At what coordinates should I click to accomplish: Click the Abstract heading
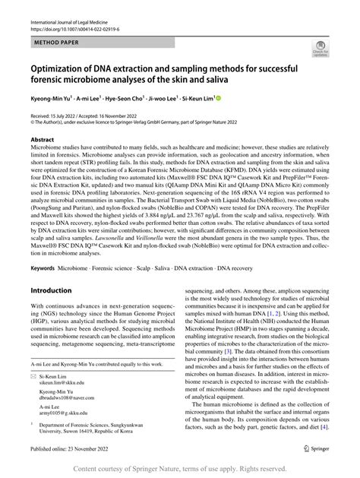point(43,141)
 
